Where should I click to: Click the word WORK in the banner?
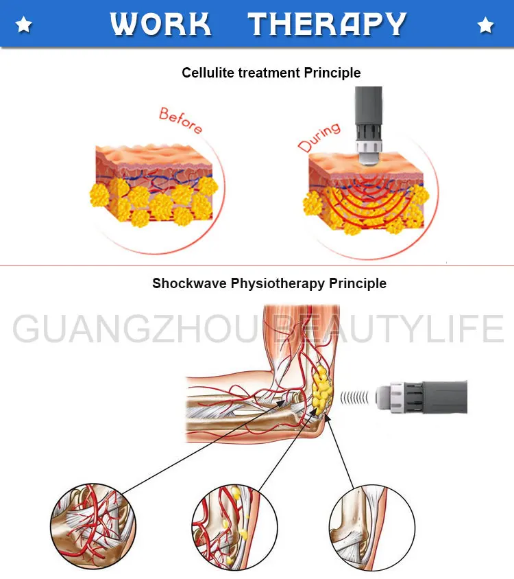pos(160,25)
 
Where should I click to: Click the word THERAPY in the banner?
pos(328,25)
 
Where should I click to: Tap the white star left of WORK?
pos(24,26)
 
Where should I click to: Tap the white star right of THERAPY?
pos(486,26)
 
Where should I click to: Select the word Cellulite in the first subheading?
pos(207,73)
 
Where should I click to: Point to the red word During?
pos(319,137)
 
